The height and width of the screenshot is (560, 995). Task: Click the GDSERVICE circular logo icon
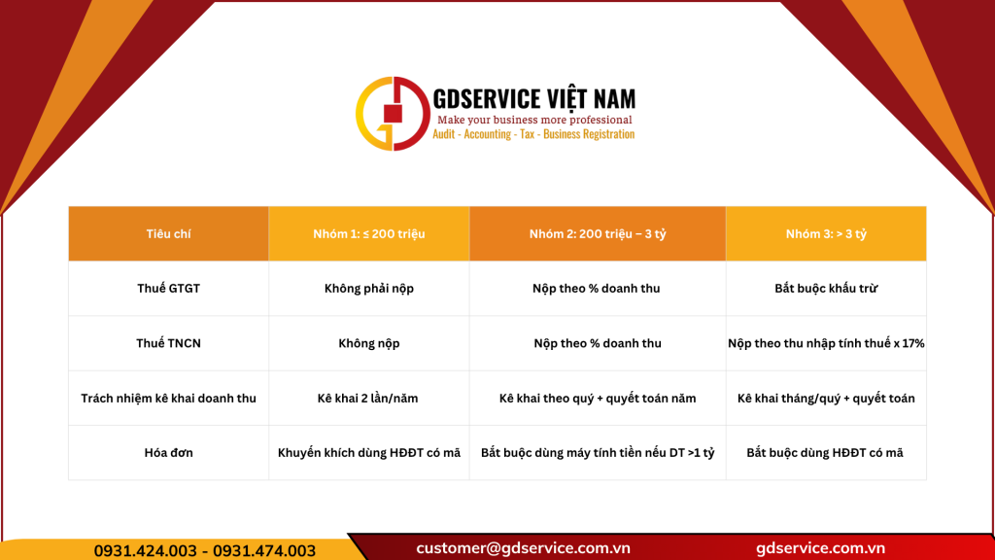393,114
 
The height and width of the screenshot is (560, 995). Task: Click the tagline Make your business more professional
534,120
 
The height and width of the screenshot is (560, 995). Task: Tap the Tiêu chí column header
168,234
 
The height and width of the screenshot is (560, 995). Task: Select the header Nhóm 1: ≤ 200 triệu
368,234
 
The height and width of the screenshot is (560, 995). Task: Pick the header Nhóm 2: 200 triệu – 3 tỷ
598,234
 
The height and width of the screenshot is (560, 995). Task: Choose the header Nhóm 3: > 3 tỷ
826,234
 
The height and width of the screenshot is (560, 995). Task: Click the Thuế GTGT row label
168,289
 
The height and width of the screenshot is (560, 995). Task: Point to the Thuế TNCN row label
168,343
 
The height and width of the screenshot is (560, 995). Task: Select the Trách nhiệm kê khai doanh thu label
168,398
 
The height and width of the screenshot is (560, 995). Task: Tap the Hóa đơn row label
168,452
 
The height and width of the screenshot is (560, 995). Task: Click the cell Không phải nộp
368,289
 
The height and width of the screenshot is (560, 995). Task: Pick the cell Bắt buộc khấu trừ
826,289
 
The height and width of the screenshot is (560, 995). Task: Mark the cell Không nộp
368,343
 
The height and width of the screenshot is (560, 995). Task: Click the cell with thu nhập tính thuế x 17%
826,343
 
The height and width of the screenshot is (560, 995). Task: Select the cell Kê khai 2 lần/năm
368,398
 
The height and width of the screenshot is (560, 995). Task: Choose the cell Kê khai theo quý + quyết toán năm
598,398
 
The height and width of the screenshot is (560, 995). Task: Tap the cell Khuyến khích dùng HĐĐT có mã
368,452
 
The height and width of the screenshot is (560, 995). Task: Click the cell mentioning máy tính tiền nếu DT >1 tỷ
598,452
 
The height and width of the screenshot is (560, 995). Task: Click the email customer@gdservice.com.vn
524,548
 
